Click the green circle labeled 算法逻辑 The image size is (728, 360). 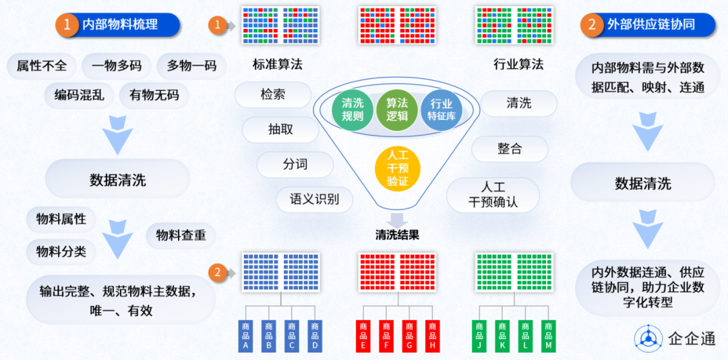[397, 109]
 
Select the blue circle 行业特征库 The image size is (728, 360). [441, 109]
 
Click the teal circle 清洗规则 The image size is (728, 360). [353, 109]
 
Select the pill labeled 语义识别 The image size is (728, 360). [314, 199]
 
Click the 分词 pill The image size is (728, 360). [295, 164]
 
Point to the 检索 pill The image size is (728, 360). [273, 94]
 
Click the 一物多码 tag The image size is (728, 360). [117, 66]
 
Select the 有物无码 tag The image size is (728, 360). [154, 95]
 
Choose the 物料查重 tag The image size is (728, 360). [181, 235]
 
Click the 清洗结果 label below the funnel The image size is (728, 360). [397, 235]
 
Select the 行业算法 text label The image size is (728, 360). [518, 65]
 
